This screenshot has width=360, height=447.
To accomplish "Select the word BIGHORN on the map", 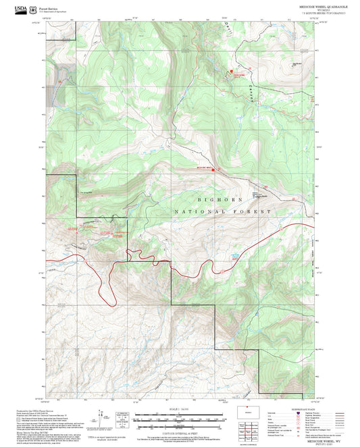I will (x=215, y=201).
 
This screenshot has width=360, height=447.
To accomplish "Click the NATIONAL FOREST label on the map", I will (x=232, y=211).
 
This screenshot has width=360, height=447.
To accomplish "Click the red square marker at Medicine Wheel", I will (x=214, y=169).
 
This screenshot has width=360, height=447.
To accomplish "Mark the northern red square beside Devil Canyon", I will (x=231, y=70).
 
